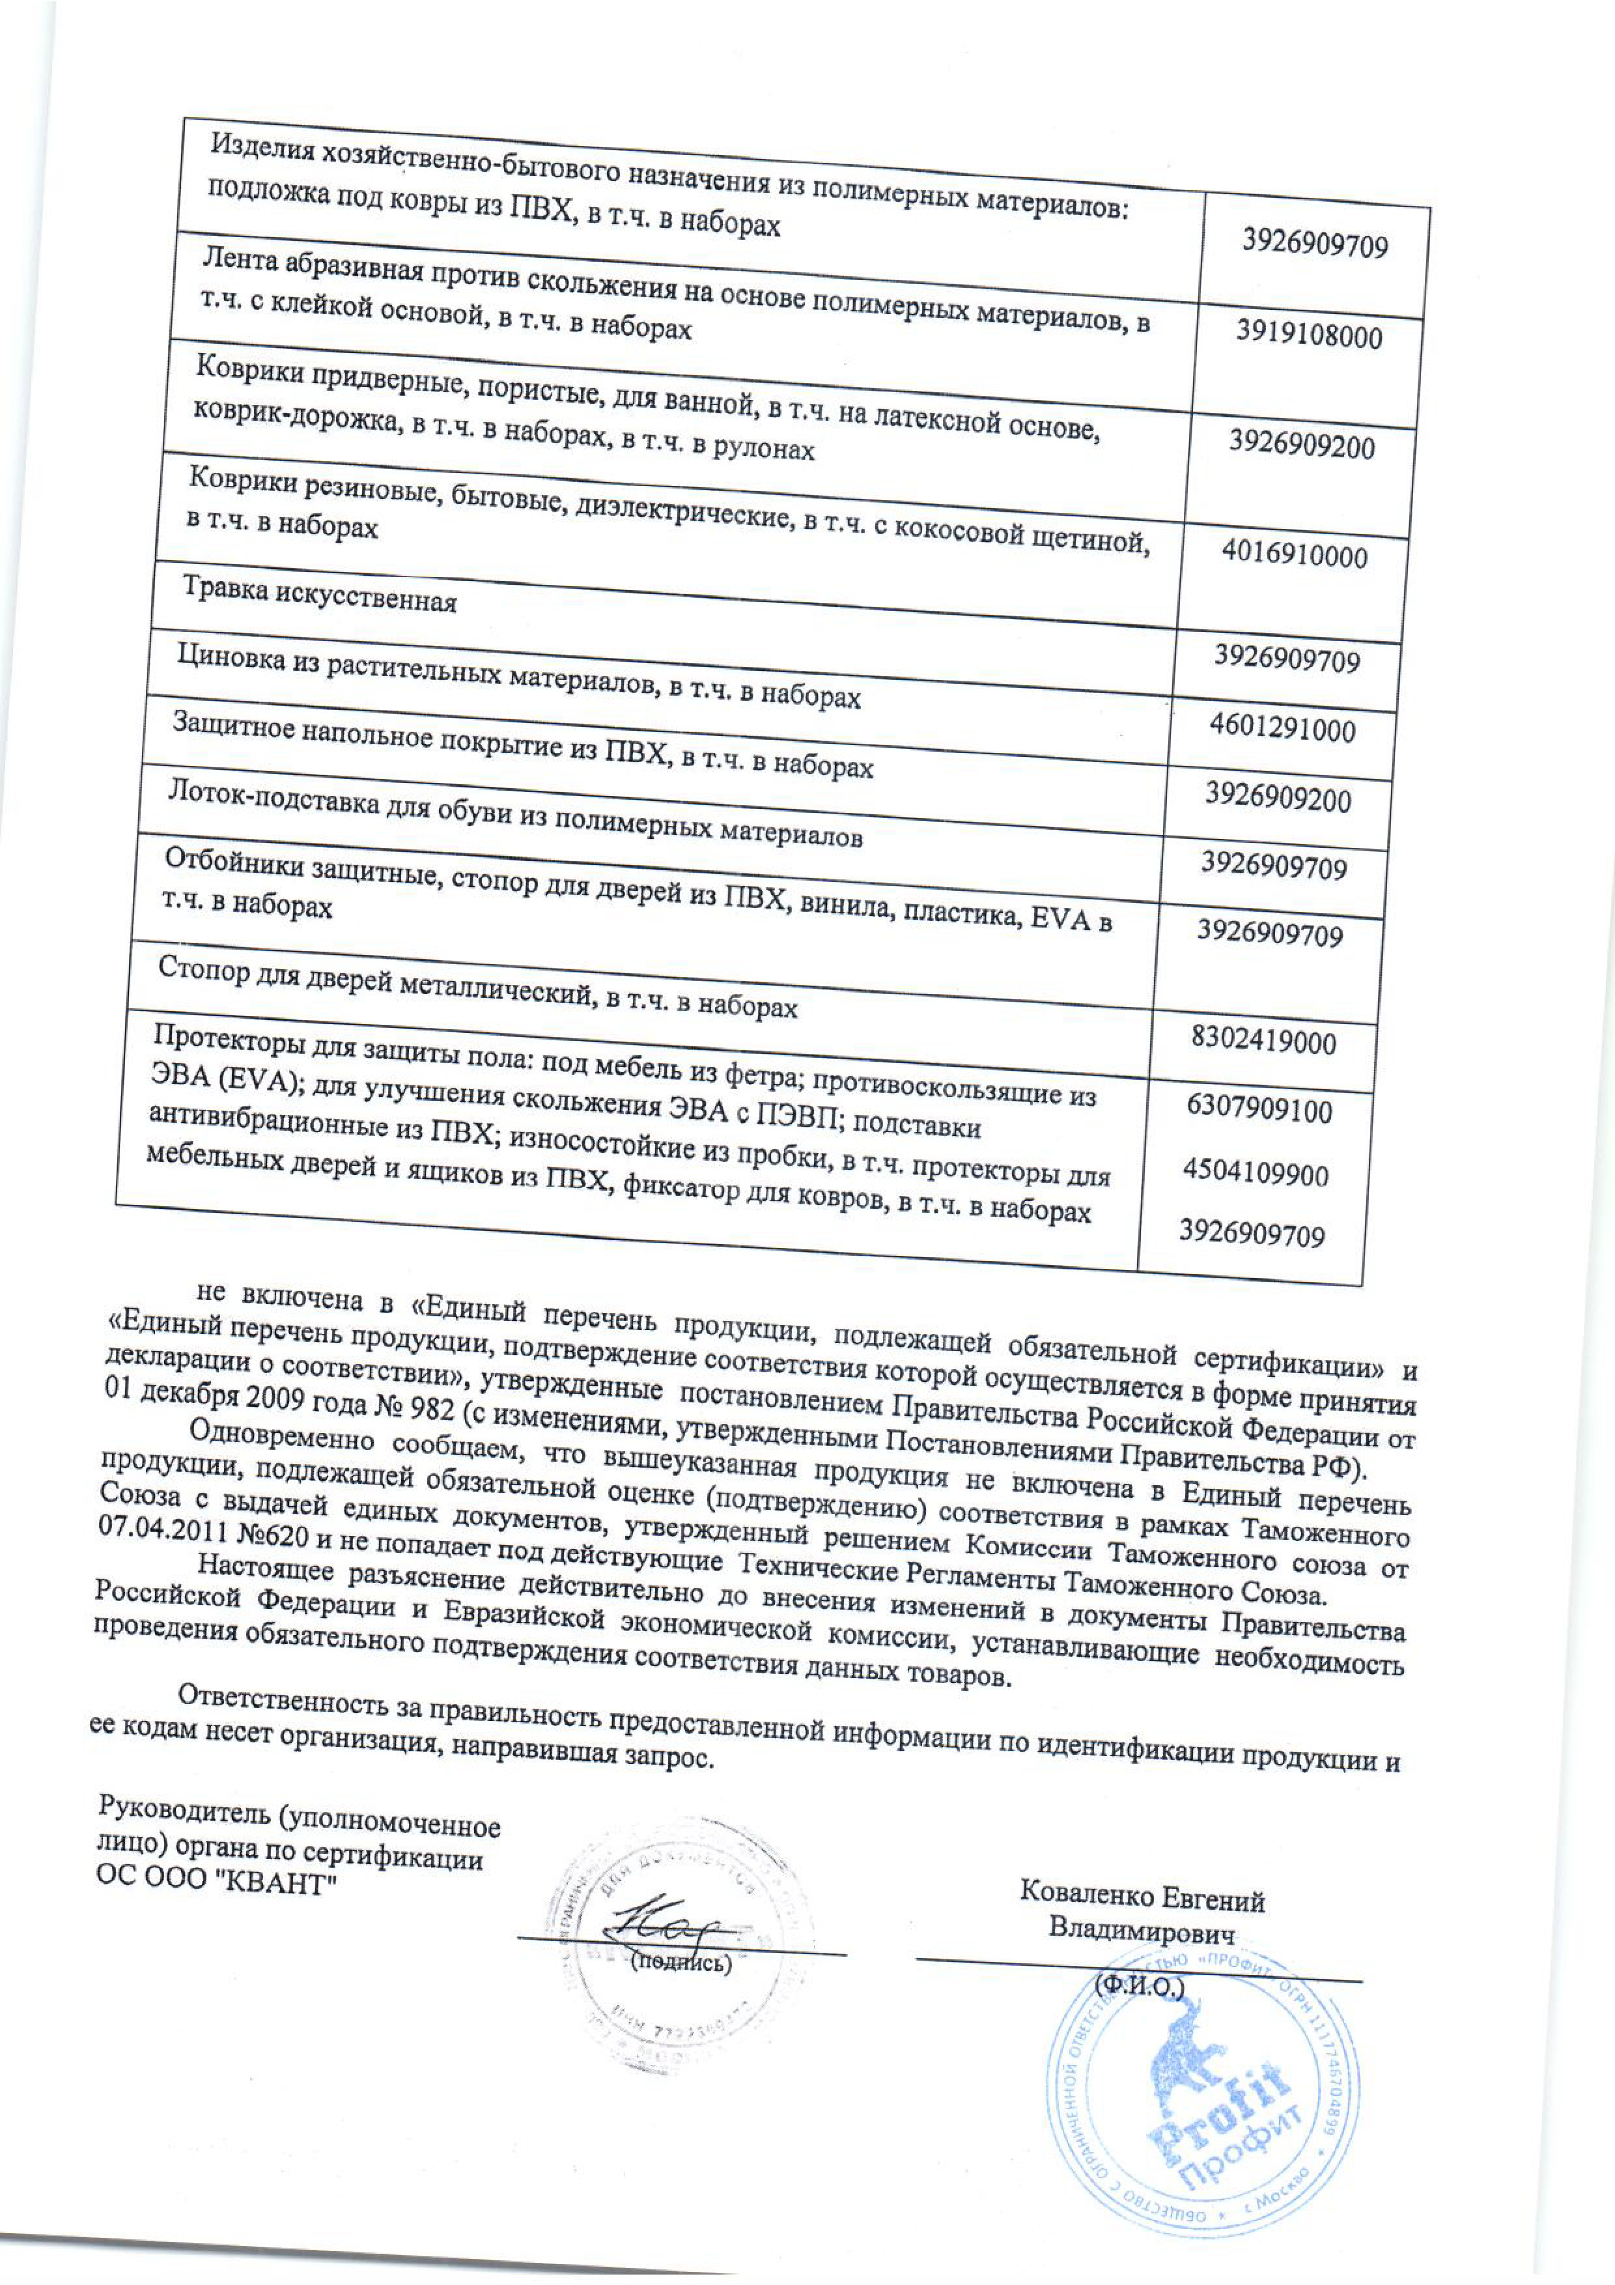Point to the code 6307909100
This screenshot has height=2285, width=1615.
point(1259,1109)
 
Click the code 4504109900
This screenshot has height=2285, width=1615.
point(1255,1173)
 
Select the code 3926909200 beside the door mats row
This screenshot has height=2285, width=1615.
point(1302,444)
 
